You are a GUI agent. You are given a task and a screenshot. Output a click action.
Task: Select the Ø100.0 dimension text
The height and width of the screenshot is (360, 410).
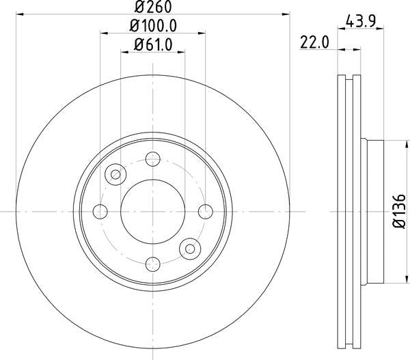(x=153, y=27)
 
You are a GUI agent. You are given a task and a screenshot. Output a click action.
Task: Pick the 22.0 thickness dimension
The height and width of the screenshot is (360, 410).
(x=315, y=42)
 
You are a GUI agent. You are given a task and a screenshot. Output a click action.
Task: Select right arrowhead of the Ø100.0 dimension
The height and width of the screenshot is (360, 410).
(x=203, y=33)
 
